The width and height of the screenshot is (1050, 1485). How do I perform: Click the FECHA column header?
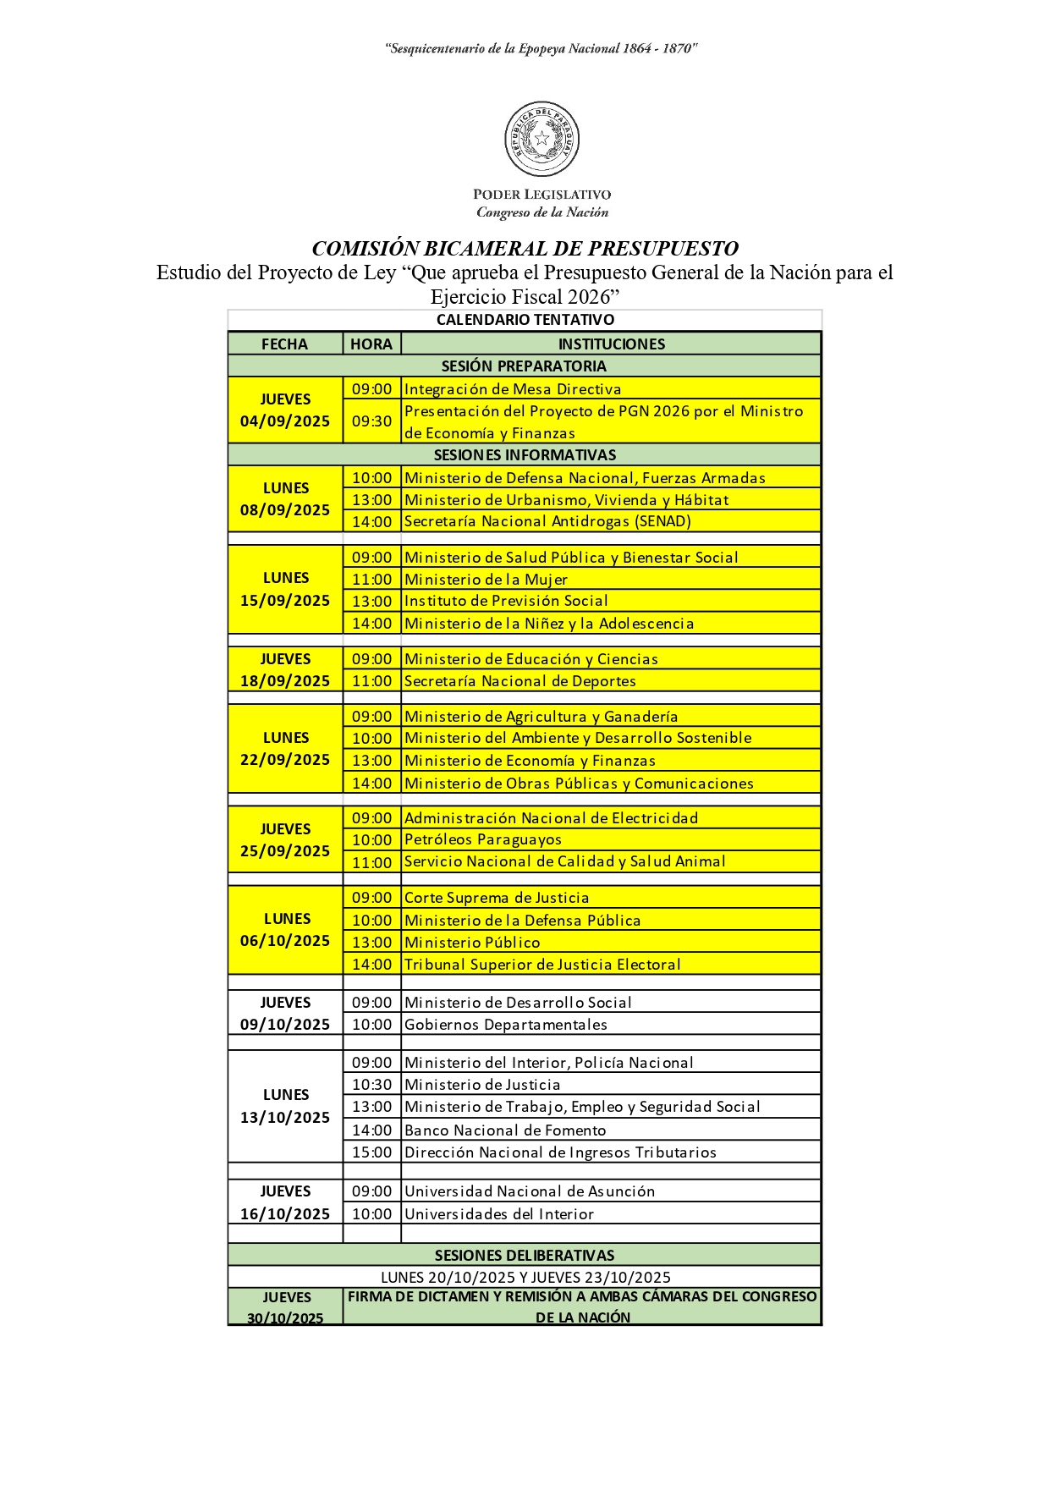click(284, 344)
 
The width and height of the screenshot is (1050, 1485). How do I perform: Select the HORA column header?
click(371, 344)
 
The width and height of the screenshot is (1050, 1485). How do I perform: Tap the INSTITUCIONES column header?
click(611, 344)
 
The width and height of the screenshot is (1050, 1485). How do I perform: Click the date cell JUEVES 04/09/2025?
click(285, 410)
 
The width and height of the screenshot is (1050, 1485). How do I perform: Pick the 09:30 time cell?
click(371, 421)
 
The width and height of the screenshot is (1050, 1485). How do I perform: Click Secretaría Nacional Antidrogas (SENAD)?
click(547, 521)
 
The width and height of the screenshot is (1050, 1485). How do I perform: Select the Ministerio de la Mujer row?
click(486, 580)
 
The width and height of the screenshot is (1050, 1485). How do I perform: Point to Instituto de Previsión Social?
click(506, 601)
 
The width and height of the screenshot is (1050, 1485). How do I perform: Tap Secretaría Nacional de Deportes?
click(520, 681)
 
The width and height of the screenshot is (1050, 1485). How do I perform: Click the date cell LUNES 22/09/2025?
click(285, 749)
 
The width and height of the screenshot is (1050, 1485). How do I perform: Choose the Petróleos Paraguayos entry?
click(483, 839)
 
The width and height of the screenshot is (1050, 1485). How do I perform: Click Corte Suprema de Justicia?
click(497, 898)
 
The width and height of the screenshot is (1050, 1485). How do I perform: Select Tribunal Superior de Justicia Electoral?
click(542, 964)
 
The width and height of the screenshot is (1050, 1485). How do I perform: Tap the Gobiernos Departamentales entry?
click(506, 1025)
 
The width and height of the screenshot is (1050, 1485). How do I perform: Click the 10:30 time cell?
click(371, 1085)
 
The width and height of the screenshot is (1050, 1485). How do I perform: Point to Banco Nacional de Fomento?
click(505, 1130)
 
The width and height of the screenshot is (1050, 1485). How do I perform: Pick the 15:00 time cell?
click(371, 1152)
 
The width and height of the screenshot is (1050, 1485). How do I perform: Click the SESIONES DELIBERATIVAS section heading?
click(525, 1255)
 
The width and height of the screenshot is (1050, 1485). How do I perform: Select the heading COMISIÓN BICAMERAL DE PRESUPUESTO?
click(525, 249)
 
